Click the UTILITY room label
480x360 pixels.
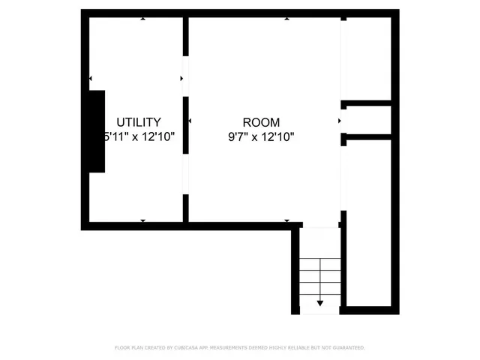(x=138, y=122)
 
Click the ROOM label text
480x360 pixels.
(x=261, y=122)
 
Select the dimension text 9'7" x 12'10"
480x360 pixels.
(x=261, y=136)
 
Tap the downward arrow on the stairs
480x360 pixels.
(x=320, y=302)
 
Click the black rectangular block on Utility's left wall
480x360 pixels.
(x=97, y=131)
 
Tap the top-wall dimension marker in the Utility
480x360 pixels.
(x=143, y=19)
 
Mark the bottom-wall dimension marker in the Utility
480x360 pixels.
(x=143, y=220)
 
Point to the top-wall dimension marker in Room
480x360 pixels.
(x=286, y=19)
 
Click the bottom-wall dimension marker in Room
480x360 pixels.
(x=286, y=220)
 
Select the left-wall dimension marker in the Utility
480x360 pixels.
(x=91, y=78)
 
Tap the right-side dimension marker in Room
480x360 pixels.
(x=340, y=120)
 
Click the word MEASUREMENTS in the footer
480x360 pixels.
(x=235, y=348)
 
